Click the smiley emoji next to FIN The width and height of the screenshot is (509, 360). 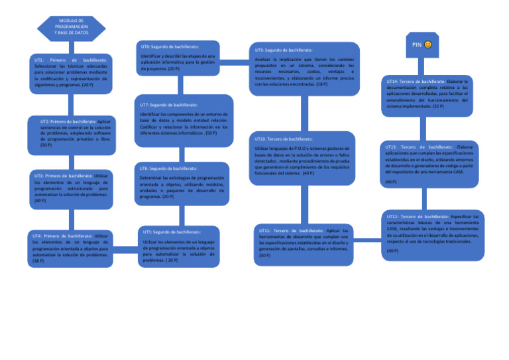tap(428, 44)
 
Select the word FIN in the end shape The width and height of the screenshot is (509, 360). tap(417, 44)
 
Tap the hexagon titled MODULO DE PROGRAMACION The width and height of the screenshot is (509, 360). tap(72, 27)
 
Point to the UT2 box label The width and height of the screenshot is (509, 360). tap(46, 122)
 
